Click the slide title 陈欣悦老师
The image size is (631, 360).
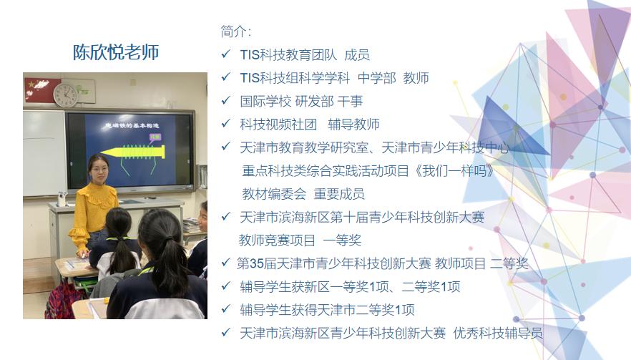pos(115,52)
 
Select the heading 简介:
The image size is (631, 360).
pos(236,31)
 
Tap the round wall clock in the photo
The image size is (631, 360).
pos(65,94)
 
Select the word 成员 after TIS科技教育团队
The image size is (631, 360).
pos(357,54)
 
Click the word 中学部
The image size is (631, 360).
pos(376,78)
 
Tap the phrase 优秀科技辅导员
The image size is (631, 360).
pos(498,333)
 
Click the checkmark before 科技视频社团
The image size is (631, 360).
pos(226,124)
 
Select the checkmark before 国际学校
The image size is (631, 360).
pos(226,101)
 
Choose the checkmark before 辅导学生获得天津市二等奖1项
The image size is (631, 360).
pos(226,310)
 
